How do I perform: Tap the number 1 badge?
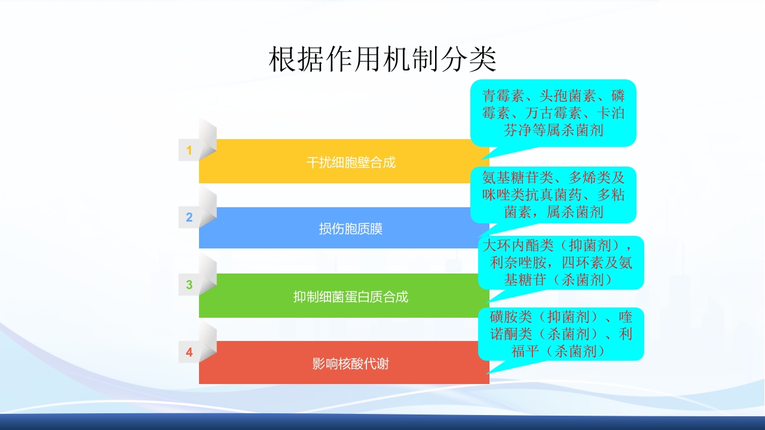(189, 150)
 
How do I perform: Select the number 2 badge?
(189, 217)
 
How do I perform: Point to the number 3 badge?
(189, 285)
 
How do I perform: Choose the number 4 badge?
(189, 352)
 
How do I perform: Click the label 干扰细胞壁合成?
(351, 162)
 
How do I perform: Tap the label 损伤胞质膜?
(351, 229)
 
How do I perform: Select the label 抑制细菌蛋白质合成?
(351, 297)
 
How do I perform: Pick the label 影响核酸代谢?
(351, 364)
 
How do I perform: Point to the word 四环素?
(593, 262)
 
